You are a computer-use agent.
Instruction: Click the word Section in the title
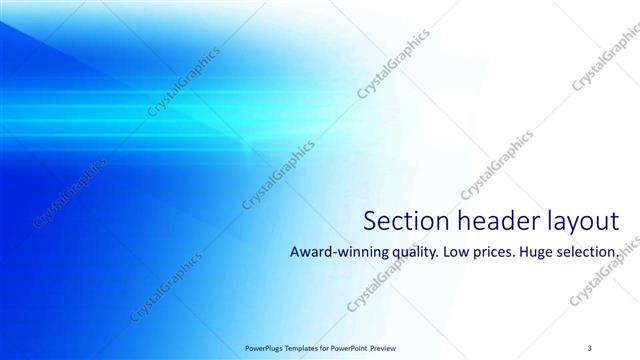point(403,220)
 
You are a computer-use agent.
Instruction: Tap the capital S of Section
point(369,220)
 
